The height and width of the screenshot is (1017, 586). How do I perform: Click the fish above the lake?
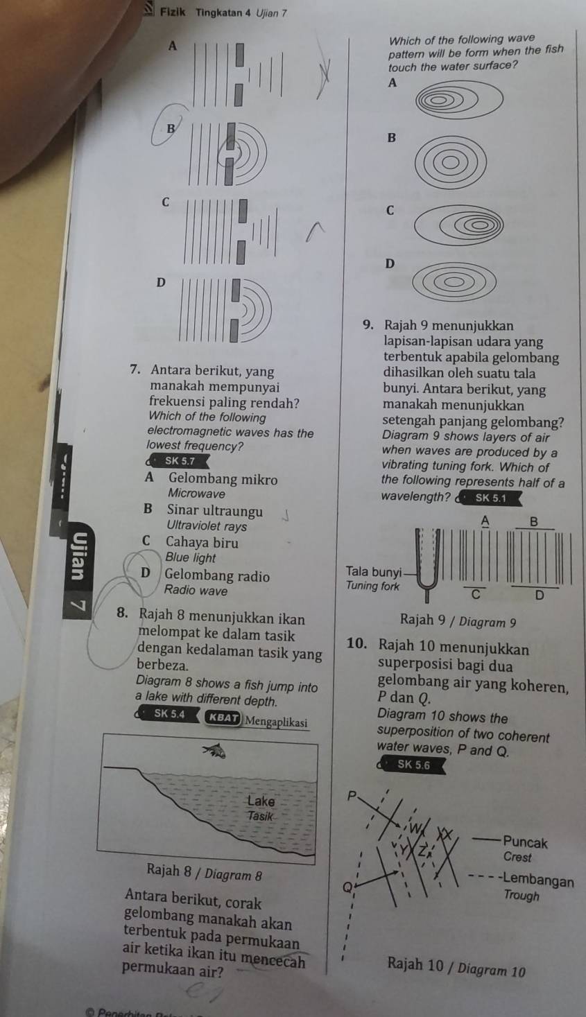pyautogui.click(x=215, y=751)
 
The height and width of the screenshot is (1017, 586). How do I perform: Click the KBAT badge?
pyautogui.click(x=223, y=718)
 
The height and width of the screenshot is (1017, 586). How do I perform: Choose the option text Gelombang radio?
pyautogui.click(x=217, y=575)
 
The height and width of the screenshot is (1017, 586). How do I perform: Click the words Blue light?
pyautogui.click(x=190, y=557)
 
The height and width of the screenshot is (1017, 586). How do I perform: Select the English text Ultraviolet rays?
pyautogui.click(x=207, y=525)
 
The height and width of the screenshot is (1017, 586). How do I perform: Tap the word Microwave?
pyautogui.click(x=196, y=494)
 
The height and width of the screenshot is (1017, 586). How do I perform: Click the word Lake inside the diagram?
pyautogui.click(x=261, y=801)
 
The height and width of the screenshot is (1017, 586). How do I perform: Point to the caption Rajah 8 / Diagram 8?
pyautogui.click(x=205, y=873)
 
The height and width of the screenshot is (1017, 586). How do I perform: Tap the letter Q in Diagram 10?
pyautogui.click(x=347, y=887)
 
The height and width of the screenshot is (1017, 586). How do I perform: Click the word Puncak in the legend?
pyautogui.click(x=525, y=843)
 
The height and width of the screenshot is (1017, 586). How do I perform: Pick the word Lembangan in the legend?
pyautogui.click(x=538, y=881)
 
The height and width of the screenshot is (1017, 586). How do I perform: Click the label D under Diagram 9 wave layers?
pyautogui.click(x=540, y=594)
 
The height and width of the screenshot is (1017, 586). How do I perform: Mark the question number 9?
pyautogui.click(x=368, y=325)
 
